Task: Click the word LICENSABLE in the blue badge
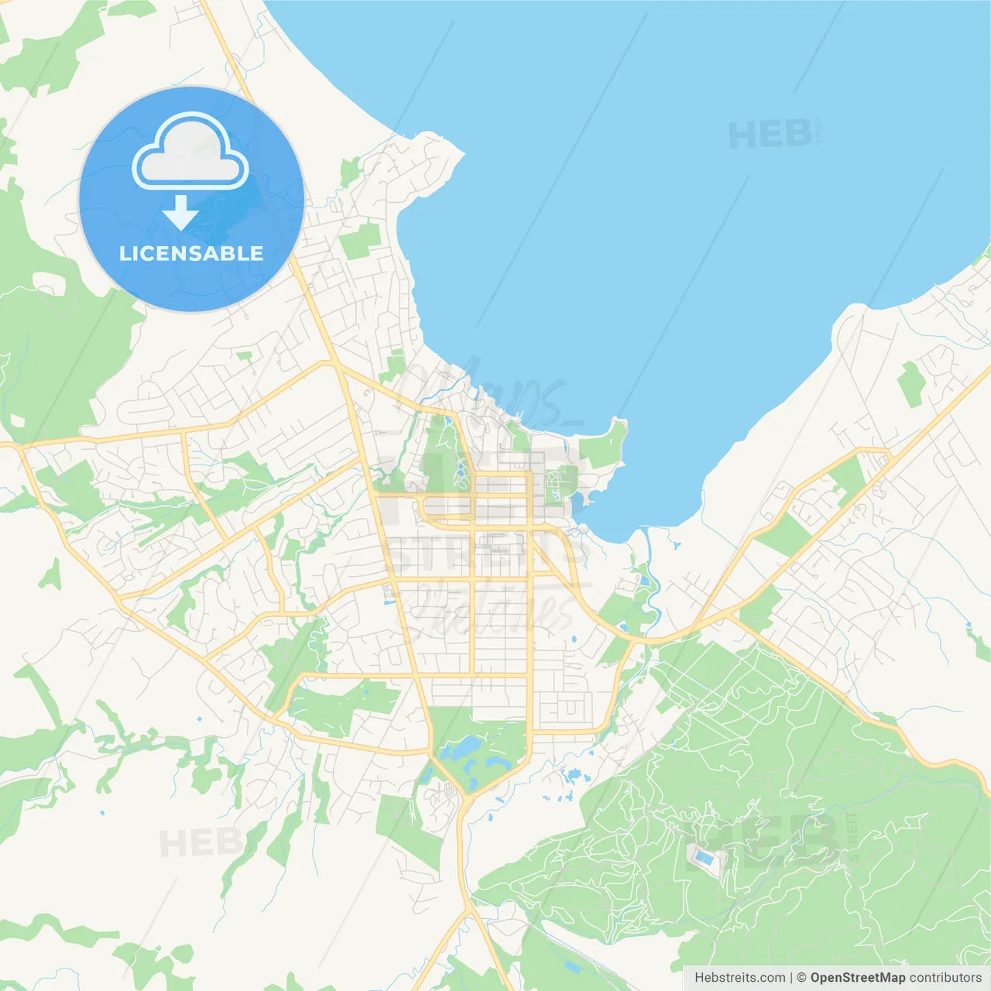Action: pyautogui.click(x=191, y=253)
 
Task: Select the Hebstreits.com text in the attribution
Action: pyautogui.click(x=739, y=978)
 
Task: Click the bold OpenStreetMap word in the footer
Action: pyautogui.click(x=858, y=978)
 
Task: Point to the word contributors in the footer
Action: pyautogui.click(x=945, y=978)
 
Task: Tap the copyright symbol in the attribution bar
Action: pyautogui.click(x=801, y=978)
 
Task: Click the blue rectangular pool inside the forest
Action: pyautogui.click(x=704, y=857)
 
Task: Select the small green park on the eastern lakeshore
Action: pyautogui.click(x=910, y=383)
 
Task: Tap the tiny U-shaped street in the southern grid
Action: pyautogui.click(x=571, y=708)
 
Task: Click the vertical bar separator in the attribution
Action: pyautogui.click(x=790, y=978)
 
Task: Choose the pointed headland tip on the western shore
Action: pyautogui.click(x=462, y=154)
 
